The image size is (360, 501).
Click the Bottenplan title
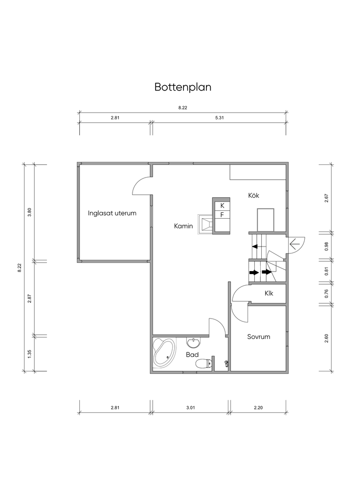pos(183,87)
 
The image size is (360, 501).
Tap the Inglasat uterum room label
pos(112,213)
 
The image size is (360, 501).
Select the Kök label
pos(254,195)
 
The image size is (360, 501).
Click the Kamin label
pos(183,226)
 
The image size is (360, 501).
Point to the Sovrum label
pos(259,337)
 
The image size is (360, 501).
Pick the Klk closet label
pos(269,293)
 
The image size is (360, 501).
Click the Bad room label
pos(192,354)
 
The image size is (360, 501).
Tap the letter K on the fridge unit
pos(223,206)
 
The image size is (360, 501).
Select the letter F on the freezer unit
pos(222,215)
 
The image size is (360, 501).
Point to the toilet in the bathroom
pos(203,364)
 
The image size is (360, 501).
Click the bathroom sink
pos(194,343)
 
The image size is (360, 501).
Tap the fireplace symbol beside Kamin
pos(205,224)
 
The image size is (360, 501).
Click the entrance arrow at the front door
pos(294,245)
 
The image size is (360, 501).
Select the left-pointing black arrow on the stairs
pos(255,247)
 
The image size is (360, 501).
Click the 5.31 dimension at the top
pos(220,117)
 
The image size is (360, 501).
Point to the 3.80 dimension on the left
pos(30,212)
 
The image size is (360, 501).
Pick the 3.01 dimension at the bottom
pos(190,408)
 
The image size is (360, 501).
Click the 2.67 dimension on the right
pos(326,199)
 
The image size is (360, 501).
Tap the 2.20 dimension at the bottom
pos(258,408)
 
